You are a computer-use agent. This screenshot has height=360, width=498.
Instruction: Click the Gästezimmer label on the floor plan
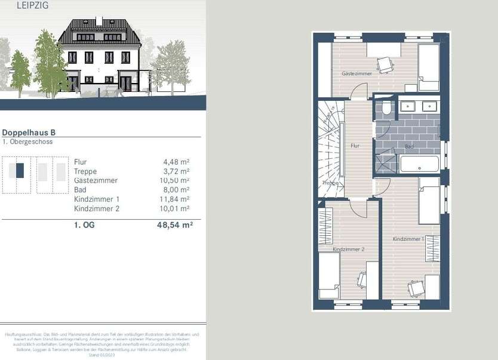(x=356, y=73)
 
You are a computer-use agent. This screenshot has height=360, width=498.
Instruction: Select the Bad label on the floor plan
(x=409, y=146)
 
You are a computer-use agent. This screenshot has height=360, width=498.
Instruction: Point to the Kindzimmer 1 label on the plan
(x=408, y=239)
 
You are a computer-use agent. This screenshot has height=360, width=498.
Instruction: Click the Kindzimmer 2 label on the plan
(x=349, y=249)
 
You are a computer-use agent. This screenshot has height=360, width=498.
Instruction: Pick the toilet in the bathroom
(x=386, y=107)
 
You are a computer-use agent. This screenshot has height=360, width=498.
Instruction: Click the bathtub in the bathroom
(x=419, y=164)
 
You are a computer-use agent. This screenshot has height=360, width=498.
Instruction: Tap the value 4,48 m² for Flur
(x=176, y=162)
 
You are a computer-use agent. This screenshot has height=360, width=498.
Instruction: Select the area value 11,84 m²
(x=176, y=199)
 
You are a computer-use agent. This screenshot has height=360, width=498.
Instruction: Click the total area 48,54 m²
(x=175, y=226)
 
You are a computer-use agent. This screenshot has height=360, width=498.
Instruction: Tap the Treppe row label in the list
(x=85, y=171)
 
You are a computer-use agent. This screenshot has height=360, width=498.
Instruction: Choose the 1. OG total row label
(x=84, y=226)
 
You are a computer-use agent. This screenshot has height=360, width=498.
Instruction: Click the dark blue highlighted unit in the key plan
(x=20, y=171)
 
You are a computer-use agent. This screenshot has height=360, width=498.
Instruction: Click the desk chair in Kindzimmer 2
(x=362, y=278)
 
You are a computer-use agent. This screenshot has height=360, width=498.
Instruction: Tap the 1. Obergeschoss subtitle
(x=27, y=142)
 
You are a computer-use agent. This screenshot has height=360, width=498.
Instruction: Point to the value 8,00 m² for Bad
(x=177, y=190)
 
